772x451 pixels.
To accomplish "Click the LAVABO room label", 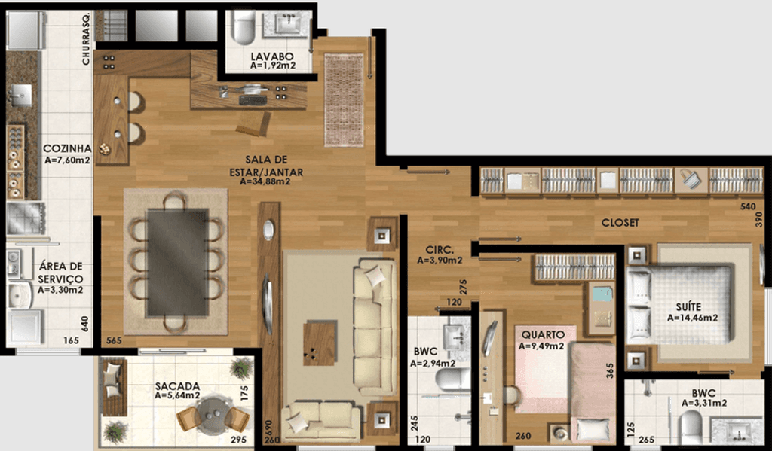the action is click(x=271, y=56).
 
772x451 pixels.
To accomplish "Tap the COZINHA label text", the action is click(x=67, y=148).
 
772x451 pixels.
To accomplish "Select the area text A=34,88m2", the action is click(x=265, y=181).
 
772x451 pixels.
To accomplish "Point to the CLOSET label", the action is click(x=620, y=223).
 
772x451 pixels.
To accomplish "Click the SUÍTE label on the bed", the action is click(x=688, y=307).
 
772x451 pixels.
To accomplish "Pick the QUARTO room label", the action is click(x=543, y=334).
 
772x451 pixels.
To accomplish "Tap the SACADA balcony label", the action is click(x=177, y=386).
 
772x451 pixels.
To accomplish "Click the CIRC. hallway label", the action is click(x=440, y=250).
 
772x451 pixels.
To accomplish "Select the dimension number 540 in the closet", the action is click(x=748, y=206).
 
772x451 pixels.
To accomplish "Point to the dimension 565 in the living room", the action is click(x=114, y=340).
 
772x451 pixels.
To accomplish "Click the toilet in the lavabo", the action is click(x=244, y=27).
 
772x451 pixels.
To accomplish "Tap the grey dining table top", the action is click(x=177, y=262).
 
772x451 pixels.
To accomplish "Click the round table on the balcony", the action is click(x=212, y=415).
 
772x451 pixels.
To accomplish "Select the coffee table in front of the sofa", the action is click(x=320, y=343).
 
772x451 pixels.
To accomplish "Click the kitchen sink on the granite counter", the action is click(x=20, y=95).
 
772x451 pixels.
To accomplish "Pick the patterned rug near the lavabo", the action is click(x=344, y=100).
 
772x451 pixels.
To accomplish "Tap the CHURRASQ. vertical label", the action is click(x=86, y=38).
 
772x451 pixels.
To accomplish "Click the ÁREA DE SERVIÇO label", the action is click(x=60, y=273).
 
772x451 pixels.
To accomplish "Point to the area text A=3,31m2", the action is click(x=704, y=404).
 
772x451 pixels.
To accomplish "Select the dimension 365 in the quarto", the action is click(x=611, y=370).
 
